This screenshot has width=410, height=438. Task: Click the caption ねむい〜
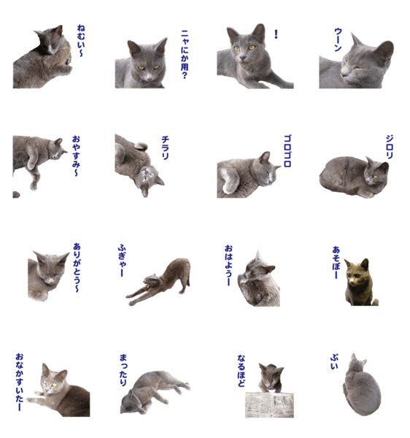tap(80, 41)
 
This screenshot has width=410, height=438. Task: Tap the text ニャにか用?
tap(185, 55)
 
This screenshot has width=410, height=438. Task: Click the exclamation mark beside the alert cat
tap(276, 34)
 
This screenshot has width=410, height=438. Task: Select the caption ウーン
tap(338, 39)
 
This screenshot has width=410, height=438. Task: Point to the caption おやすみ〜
tap(76, 156)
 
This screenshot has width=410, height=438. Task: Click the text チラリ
tap(165, 147)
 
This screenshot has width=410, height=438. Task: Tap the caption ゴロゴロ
tap(287, 151)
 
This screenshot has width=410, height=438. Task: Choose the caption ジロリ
tap(390, 147)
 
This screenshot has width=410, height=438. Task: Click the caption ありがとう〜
tap(77, 268)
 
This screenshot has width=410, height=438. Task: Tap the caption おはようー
tap(228, 266)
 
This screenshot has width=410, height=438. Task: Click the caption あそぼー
tap(336, 262)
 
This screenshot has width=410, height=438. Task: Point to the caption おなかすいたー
tap(20, 382)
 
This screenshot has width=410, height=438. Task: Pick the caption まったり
tap(123, 370)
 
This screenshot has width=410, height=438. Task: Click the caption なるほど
tap(241, 371)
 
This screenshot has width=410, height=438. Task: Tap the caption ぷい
tap(334, 362)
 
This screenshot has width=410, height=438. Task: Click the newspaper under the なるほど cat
tap(269, 404)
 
